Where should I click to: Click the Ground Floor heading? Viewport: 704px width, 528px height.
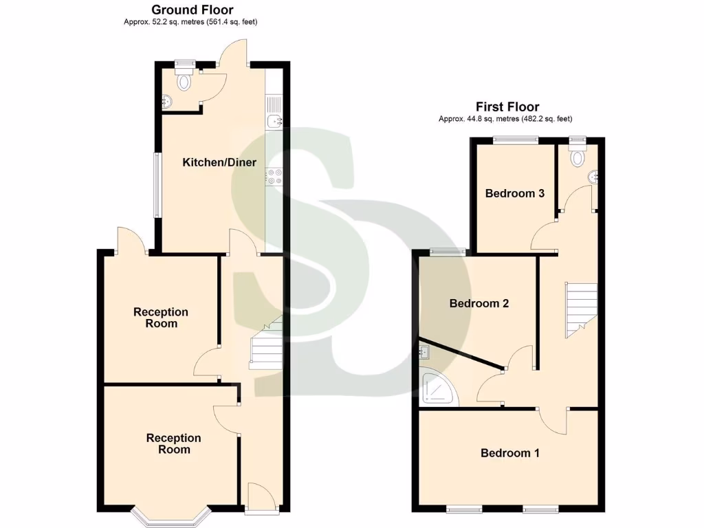[192, 10]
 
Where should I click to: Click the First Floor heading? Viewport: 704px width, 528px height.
[507, 107]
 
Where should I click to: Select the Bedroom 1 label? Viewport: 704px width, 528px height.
[510, 453]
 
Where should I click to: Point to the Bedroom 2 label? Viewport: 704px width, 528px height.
[479, 303]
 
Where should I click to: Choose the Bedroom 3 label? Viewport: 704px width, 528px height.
[515, 193]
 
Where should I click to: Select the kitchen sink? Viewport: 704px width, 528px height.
[276, 122]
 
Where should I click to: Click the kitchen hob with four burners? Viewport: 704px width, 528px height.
[275, 177]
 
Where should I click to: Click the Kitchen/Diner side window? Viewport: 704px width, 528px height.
[157, 184]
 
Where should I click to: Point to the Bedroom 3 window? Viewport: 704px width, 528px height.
[516, 140]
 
